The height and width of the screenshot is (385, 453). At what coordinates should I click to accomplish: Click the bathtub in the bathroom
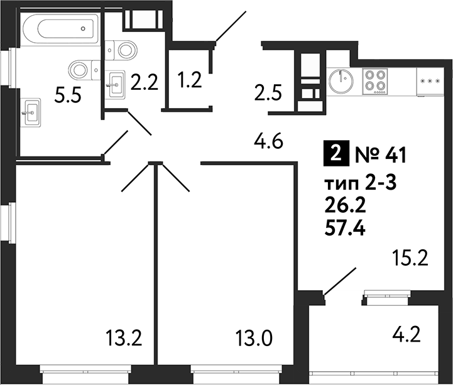coord(58,28)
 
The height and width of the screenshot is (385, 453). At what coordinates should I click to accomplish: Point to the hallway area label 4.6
coord(270,143)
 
